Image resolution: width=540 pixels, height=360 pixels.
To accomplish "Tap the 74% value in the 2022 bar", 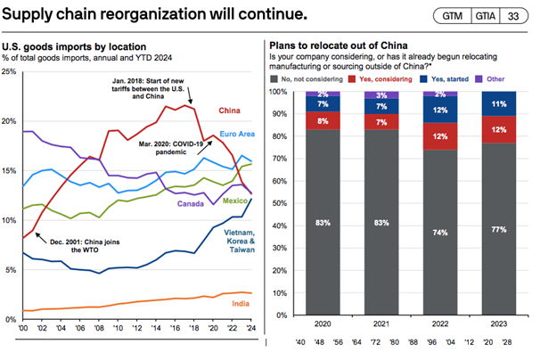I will pos(441,233).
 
